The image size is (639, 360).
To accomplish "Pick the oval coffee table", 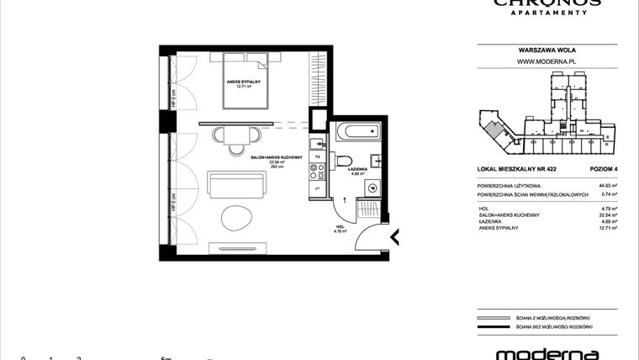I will point(236,218).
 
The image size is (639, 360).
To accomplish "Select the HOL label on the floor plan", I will point(339,226).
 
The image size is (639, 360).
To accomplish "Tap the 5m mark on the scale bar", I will point(167,357).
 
